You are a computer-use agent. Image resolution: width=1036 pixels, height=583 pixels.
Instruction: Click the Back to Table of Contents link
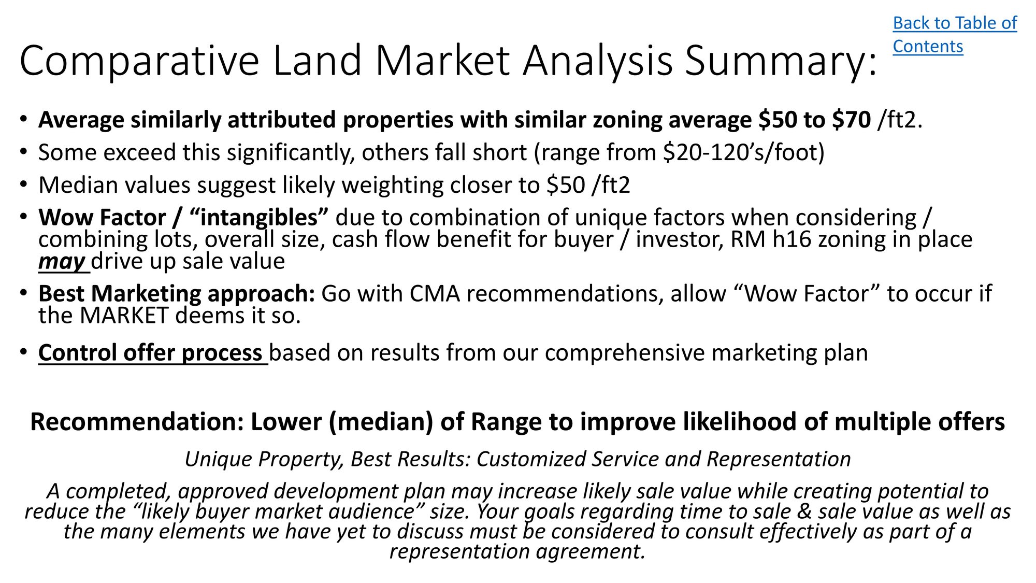pos(955,35)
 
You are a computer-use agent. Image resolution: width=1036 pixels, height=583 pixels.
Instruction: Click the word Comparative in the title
pos(139,62)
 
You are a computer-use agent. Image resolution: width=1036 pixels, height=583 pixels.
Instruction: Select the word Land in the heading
pos(316,61)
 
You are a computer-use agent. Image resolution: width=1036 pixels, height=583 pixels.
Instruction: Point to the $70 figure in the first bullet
pos(852,120)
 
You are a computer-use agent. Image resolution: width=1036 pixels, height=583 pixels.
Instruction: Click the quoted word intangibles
pos(259,218)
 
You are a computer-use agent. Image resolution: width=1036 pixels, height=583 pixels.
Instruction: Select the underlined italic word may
pos(62,262)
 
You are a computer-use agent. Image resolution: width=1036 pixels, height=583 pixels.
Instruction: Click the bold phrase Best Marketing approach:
pos(177,294)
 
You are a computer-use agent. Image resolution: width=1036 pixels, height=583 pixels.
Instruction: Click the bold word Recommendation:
pos(137,422)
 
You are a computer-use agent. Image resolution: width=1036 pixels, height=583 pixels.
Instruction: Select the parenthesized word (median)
pos(381,422)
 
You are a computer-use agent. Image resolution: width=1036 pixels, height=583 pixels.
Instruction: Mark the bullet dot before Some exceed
pos(23,152)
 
